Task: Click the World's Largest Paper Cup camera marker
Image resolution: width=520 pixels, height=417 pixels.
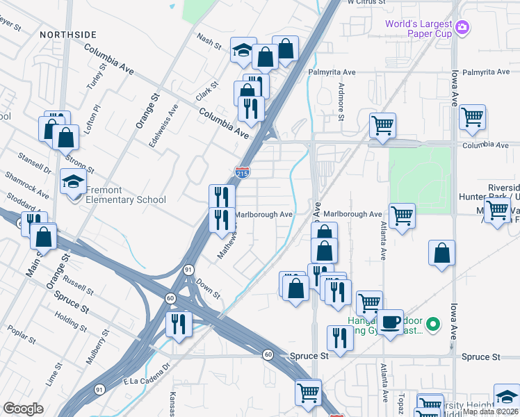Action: (x=463, y=28)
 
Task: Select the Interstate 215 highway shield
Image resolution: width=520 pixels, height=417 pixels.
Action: (x=242, y=173)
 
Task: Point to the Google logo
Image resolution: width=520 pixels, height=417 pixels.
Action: (x=23, y=408)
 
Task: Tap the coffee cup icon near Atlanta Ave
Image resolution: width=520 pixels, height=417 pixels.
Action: (x=391, y=322)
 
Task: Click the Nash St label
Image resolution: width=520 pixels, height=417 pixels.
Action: (x=209, y=42)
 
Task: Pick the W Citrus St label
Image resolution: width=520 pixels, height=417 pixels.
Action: (x=368, y=3)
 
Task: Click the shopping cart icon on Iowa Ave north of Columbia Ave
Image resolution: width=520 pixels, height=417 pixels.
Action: (x=473, y=117)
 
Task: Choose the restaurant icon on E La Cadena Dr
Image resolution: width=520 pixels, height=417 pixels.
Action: (x=179, y=323)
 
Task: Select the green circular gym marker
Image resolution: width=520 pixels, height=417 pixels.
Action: (x=434, y=324)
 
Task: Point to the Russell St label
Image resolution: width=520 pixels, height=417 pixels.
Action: (x=78, y=284)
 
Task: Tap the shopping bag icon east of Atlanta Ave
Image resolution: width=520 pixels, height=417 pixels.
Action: (x=442, y=253)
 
